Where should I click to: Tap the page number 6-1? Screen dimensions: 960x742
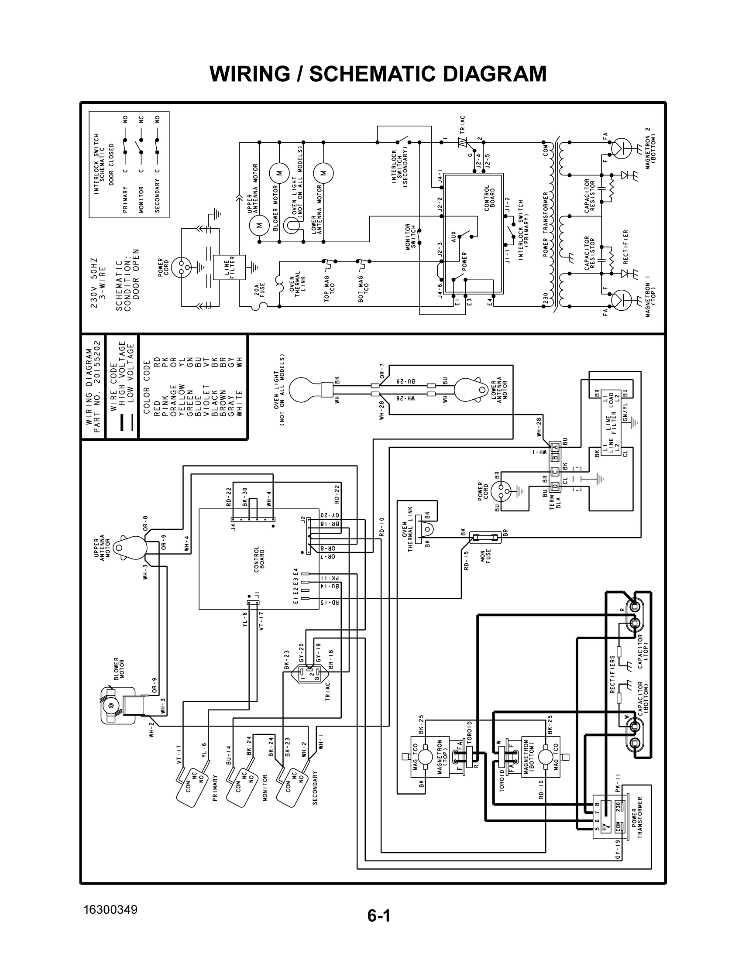(x=379, y=916)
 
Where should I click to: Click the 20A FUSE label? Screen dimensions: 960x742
(x=260, y=290)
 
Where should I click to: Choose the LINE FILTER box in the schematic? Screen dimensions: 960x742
(x=224, y=267)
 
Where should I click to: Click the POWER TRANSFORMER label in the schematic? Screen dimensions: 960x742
(x=546, y=224)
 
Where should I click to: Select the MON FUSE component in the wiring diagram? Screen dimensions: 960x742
(x=485, y=537)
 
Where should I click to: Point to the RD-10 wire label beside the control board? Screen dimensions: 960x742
(x=381, y=526)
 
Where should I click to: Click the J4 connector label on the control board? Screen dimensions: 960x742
(x=234, y=526)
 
